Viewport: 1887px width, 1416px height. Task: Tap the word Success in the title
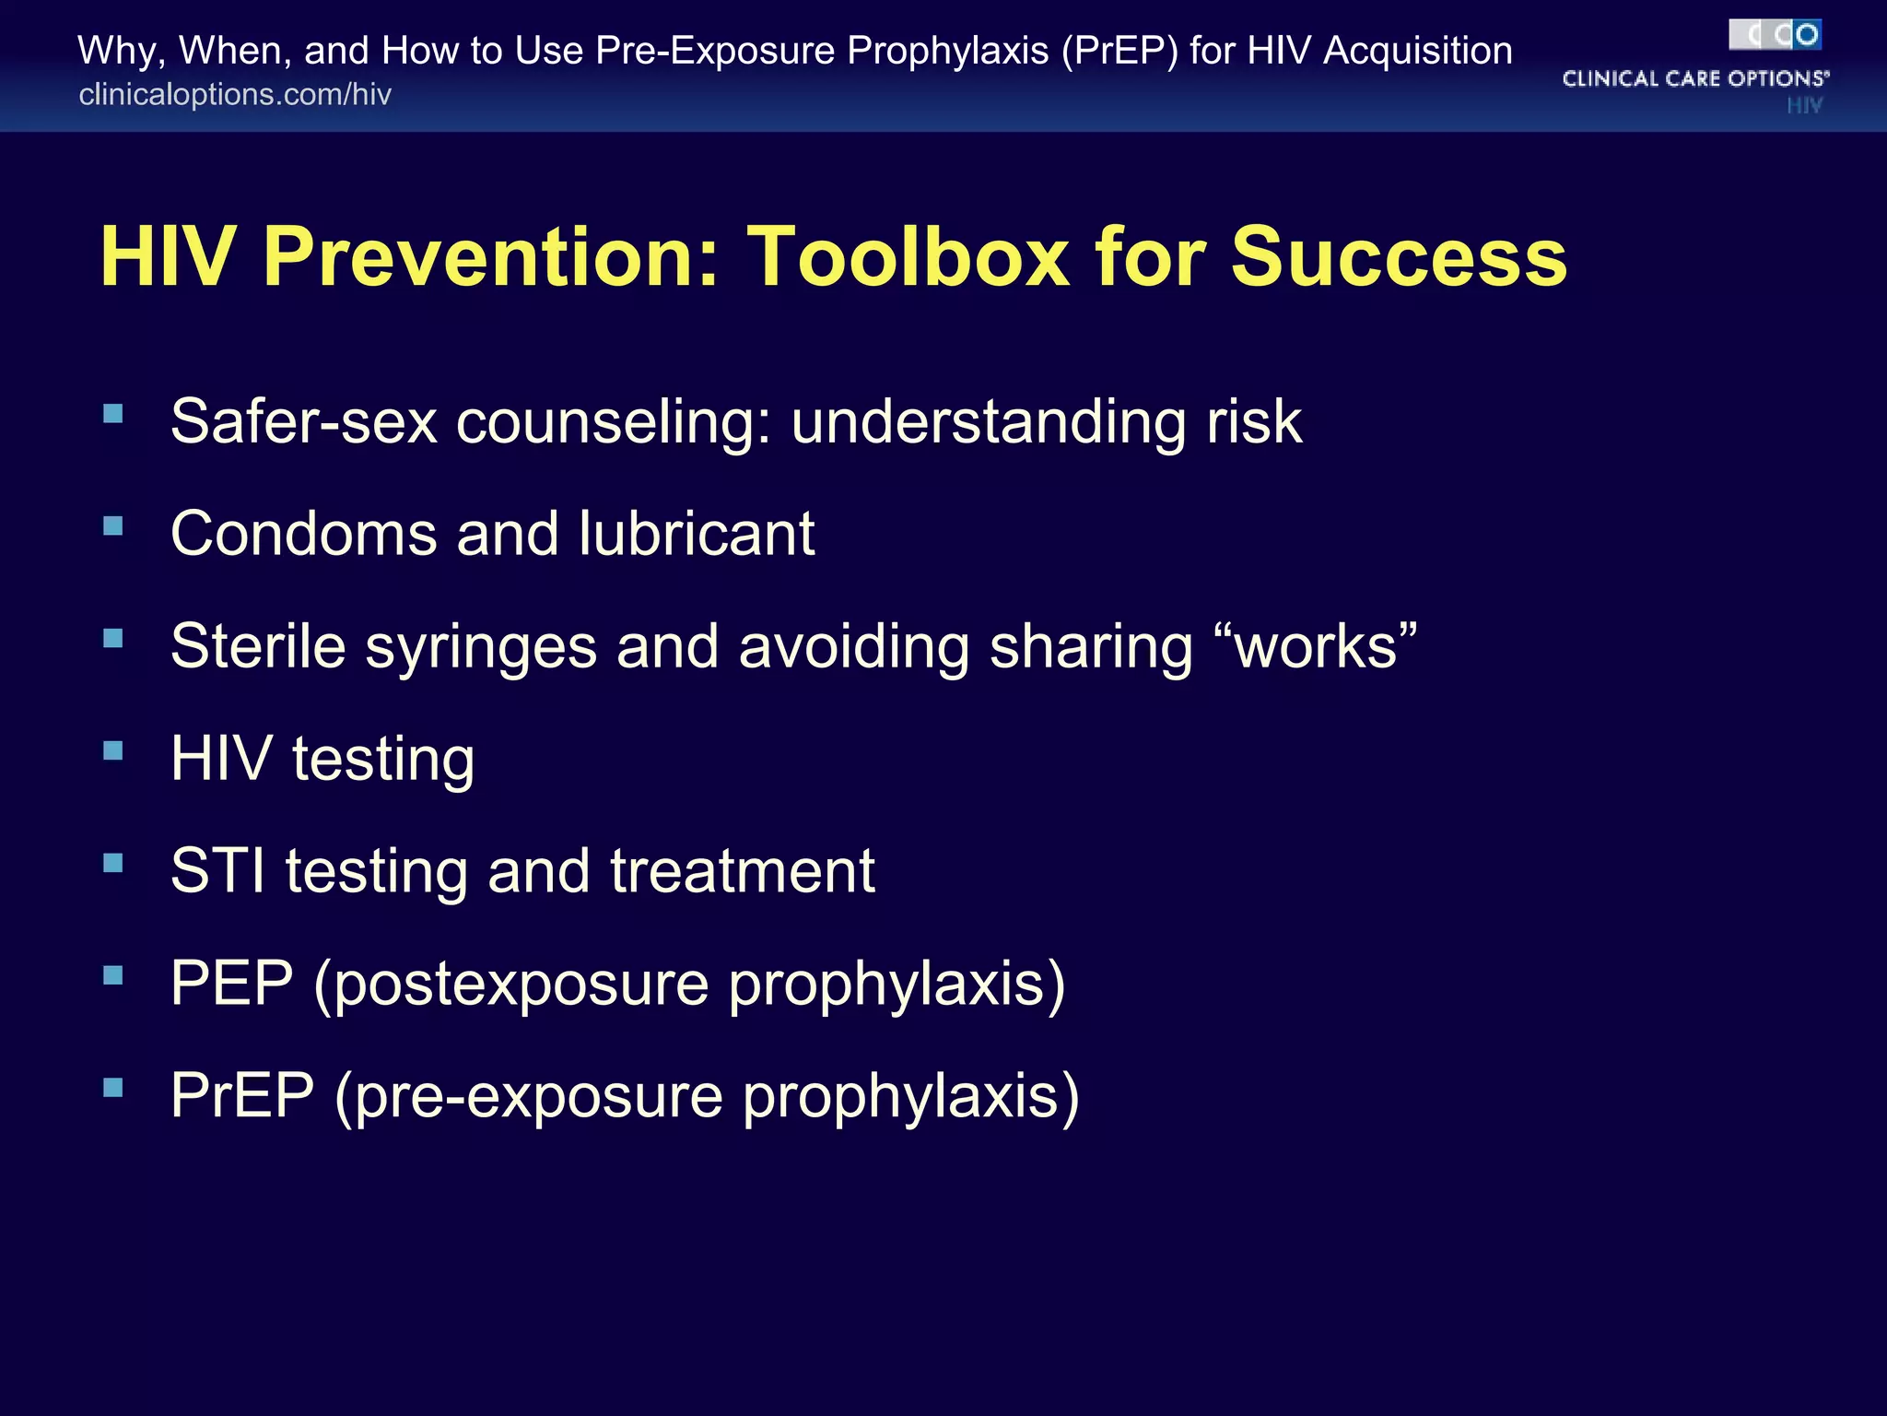(x=1398, y=257)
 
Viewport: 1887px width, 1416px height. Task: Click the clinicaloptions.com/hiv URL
(x=235, y=95)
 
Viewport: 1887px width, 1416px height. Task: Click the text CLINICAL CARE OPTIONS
(x=1694, y=79)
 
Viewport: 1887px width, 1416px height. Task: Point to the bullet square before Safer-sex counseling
(x=113, y=414)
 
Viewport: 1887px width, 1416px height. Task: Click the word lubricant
(x=697, y=534)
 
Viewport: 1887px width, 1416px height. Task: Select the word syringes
(x=481, y=648)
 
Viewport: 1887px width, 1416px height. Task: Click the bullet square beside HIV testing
(x=113, y=750)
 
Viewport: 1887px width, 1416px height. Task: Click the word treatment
(x=742, y=871)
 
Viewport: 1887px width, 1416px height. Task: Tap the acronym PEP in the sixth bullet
(x=231, y=984)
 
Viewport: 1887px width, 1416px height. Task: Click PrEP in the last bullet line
(x=242, y=1096)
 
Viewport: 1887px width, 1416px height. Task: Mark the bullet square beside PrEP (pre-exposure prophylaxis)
(x=113, y=1088)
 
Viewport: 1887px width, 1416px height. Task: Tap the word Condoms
(x=303, y=534)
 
